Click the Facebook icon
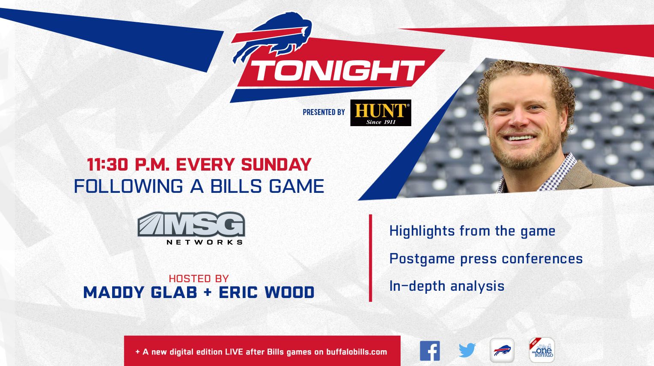430,351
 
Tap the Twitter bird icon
467,350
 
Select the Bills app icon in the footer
502,350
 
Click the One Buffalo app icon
542,350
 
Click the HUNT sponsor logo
381,113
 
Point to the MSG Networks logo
191,228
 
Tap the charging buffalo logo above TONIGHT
271,37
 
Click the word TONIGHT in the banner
337,71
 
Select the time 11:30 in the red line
107,165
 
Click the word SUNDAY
276,165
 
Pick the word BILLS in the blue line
236,186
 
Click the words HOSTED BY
199,279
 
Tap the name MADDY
114,292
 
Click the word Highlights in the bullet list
422,231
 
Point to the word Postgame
422,259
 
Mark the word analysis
477,286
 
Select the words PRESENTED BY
324,112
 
